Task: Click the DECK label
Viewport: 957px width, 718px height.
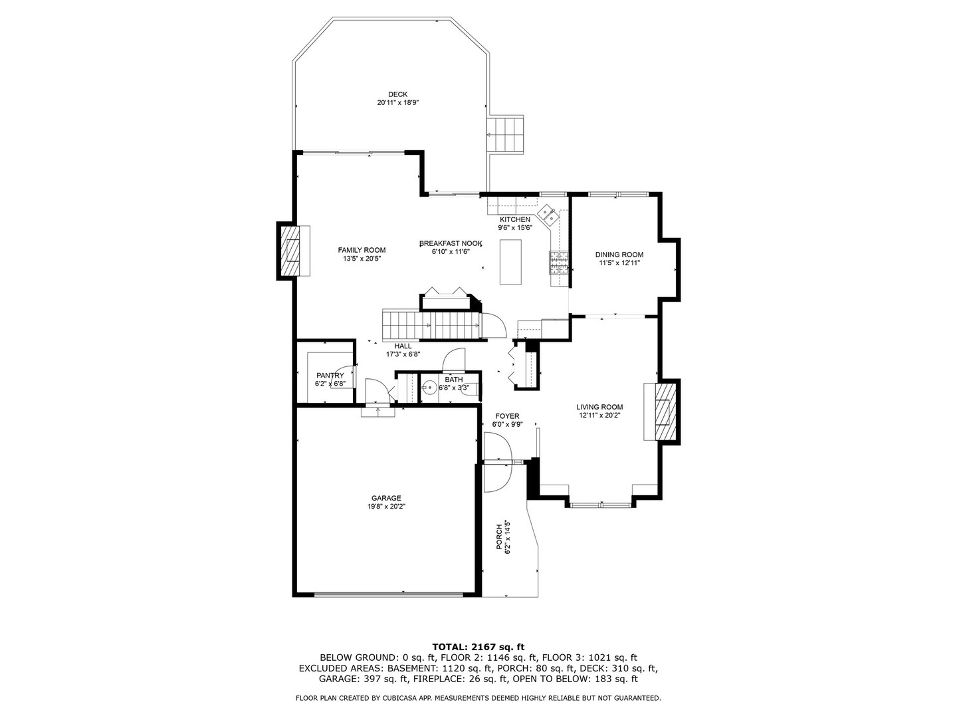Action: coord(397,94)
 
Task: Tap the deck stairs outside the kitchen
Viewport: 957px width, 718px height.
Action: coord(506,134)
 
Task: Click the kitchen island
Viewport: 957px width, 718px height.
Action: coord(510,261)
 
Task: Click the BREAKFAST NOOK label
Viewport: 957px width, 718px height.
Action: coord(450,243)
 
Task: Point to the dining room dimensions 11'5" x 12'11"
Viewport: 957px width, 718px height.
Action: coord(619,263)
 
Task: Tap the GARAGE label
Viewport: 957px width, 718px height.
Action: coord(386,498)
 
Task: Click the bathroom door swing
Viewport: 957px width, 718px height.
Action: coord(455,360)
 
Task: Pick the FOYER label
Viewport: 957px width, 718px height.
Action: coord(506,416)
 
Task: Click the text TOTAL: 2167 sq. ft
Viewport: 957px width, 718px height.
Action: coord(478,646)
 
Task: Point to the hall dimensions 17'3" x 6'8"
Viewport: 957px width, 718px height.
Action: coord(403,354)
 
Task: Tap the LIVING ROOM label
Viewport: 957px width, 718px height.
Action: coord(599,407)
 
